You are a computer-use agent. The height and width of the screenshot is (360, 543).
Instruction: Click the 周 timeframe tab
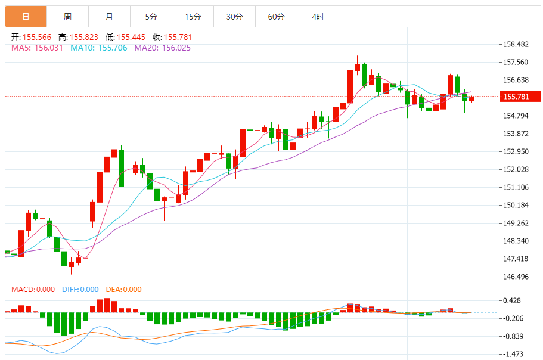67,17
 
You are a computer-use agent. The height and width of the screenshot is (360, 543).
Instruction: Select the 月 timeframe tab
109,17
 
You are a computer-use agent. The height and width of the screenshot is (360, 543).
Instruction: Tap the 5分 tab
151,17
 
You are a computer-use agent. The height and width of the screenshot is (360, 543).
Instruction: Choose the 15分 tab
193,17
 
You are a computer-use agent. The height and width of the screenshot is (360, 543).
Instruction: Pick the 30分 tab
234,17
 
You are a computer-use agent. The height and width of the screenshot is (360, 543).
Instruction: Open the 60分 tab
276,17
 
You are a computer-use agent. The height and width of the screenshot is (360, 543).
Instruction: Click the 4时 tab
318,17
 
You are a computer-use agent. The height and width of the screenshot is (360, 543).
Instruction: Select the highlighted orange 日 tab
26,17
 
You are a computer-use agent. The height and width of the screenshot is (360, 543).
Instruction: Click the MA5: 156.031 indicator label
37,48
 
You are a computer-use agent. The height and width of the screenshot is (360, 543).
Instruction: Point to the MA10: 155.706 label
99,48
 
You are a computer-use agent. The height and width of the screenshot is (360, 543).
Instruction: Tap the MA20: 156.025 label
162,48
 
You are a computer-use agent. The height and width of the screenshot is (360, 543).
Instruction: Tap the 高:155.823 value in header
78,37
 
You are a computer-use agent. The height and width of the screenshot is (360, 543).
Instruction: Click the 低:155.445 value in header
125,37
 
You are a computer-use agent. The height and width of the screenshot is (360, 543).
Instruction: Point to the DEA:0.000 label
125,290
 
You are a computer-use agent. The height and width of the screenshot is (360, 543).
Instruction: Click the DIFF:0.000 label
80,290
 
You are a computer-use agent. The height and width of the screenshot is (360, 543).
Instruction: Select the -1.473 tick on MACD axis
513,354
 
